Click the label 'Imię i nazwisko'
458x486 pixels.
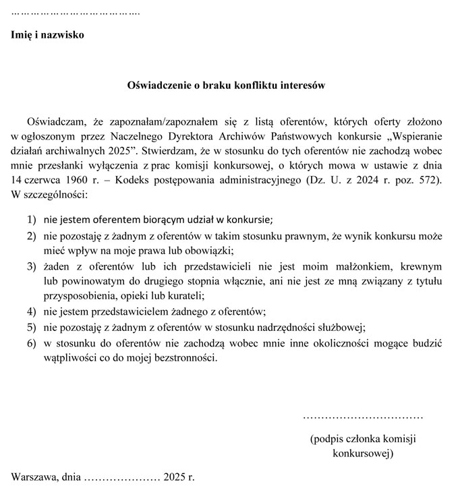(x=48, y=35)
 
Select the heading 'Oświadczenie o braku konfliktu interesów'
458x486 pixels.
(x=227, y=86)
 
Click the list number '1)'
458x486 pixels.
(x=32, y=219)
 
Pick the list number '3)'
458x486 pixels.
(x=32, y=267)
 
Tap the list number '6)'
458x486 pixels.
(x=32, y=344)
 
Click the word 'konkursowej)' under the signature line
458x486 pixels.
(x=363, y=454)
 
